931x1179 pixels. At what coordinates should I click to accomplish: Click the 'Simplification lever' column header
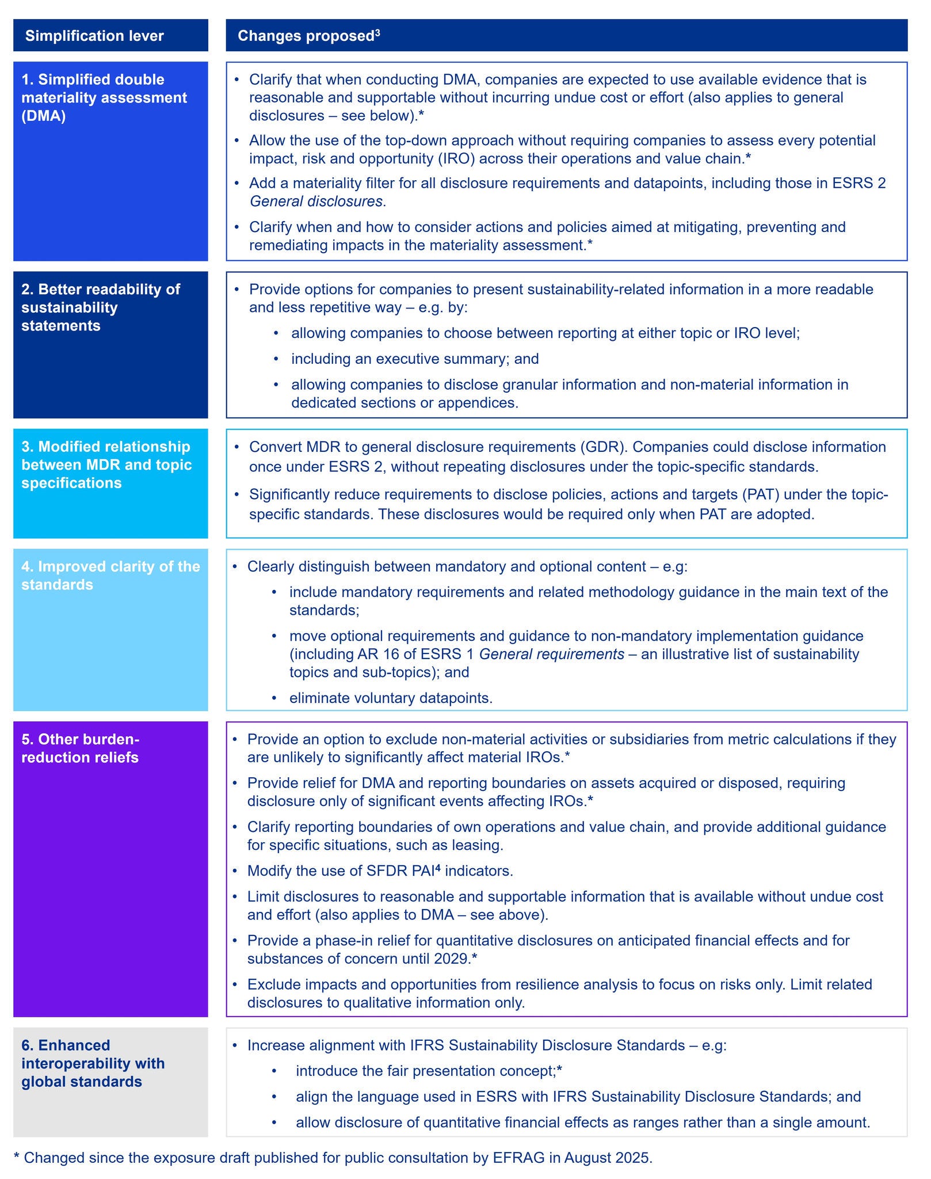pos(94,36)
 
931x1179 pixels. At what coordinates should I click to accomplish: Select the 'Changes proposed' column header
pos(306,36)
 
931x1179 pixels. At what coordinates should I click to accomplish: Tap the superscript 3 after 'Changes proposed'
pos(377,32)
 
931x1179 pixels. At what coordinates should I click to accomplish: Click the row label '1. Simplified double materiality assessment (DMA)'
pos(104,97)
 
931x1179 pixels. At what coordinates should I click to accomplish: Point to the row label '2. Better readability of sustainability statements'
pos(101,307)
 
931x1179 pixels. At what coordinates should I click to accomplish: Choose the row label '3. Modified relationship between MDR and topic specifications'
pos(106,465)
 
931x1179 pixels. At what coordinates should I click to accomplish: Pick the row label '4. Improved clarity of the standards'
pos(110,575)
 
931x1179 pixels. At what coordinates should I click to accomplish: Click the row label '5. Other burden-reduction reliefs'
pos(81,748)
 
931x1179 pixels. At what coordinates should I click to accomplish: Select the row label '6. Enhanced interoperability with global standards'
pos(93,1063)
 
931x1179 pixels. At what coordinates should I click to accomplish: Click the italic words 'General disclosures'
pos(316,201)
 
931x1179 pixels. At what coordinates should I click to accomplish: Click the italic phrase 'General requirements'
pos(551,654)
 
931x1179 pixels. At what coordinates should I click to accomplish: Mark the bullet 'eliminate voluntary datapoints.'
pos(391,698)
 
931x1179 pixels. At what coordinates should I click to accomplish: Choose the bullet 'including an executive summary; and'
pos(415,359)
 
